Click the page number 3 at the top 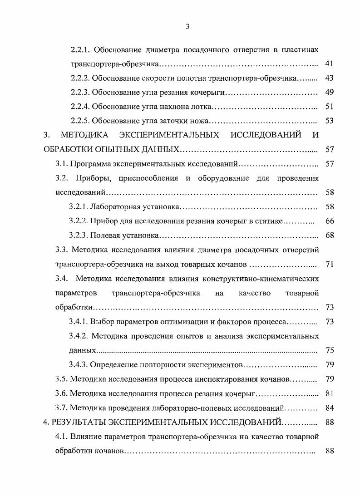pos(187,27)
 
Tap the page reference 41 pos(330,64)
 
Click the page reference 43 pos(330,78)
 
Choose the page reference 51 pos(330,107)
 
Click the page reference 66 pos(330,221)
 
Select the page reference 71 pos(330,264)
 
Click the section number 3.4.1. pos(78,322)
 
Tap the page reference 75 pos(330,350)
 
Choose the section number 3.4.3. pos(78,365)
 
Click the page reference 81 pos(330,393)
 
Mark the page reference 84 pos(330,408)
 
